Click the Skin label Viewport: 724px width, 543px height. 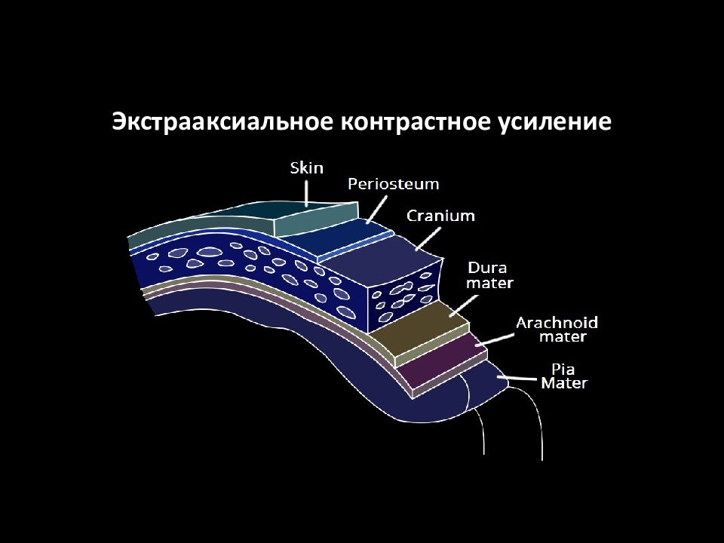307,167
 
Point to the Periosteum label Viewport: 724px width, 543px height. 394,184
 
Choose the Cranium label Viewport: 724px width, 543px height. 440,216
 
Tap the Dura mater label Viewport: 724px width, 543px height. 489,275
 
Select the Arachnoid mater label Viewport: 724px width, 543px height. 557,330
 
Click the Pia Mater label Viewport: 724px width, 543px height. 564,376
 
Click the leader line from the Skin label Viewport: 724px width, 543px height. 306,192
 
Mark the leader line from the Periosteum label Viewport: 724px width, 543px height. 377,209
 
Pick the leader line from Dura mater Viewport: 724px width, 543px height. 464,305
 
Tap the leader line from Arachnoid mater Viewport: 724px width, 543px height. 495,340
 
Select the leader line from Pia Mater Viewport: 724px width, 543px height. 517,378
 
